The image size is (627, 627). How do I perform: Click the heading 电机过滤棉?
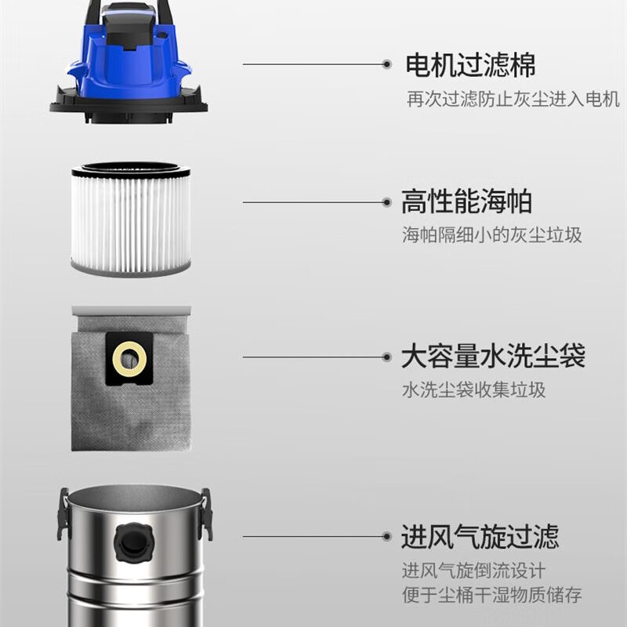(470, 65)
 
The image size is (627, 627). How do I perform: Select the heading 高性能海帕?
(466, 202)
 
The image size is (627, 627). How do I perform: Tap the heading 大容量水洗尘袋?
(494, 356)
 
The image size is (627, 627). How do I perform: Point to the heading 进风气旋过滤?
(480, 536)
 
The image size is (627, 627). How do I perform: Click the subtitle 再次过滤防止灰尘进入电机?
(513, 99)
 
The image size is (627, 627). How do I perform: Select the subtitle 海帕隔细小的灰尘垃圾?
(492, 234)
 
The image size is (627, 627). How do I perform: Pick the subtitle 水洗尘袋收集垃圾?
(474, 390)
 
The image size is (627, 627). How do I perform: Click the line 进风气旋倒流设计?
(474, 571)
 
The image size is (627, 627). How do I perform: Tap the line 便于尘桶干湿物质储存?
(492, 595)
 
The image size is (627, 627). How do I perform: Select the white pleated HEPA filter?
(131, 219)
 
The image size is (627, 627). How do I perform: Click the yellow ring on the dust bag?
(129, 359)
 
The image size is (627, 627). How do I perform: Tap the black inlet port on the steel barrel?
(133, 542)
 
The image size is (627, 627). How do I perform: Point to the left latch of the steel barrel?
(63, 514)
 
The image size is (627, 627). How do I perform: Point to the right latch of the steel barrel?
(206, 514)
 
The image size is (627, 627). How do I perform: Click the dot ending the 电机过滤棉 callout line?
(386, 64)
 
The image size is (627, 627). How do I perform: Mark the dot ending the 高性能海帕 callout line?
(386, 202)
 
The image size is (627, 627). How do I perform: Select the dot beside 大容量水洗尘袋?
(386, 357)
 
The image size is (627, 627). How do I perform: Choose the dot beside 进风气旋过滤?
(386, 536)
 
